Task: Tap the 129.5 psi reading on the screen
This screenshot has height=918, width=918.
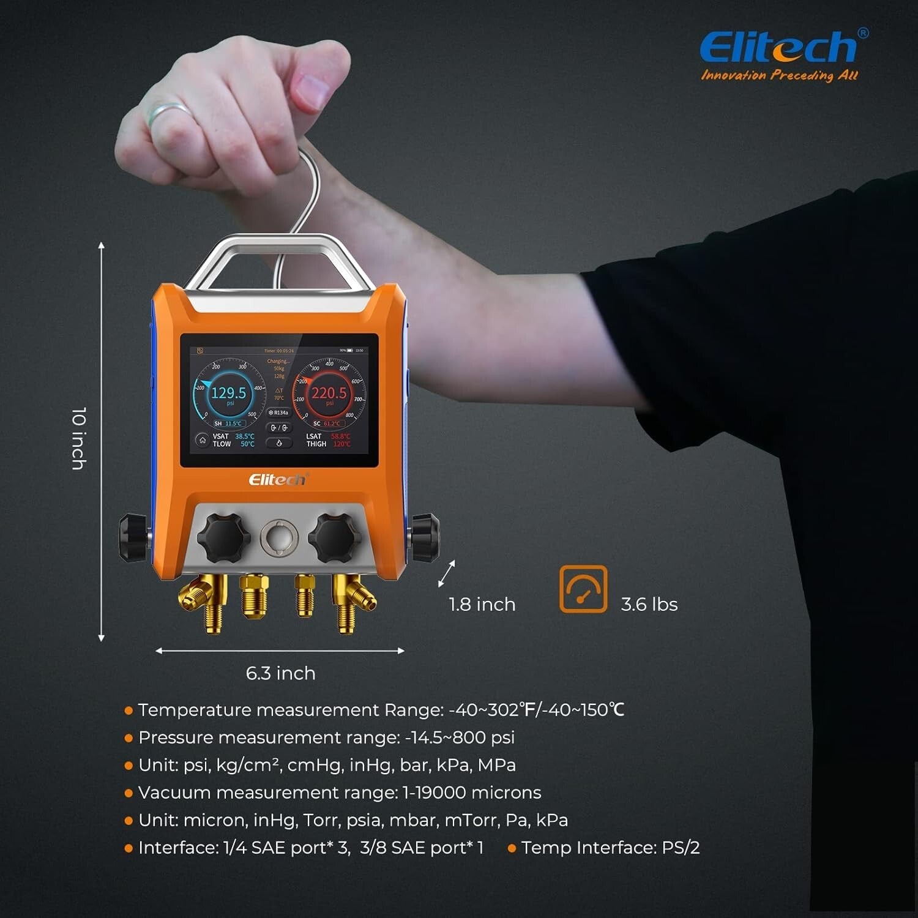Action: pyautogui.click(x=228, y=393)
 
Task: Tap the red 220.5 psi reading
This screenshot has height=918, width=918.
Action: pyautogui.click(x=329, y=393)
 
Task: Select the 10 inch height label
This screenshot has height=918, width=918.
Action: pyautogui.click(x=78, y=438)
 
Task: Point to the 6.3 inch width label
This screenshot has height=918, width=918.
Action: pyautogui.click(x=280, y=673)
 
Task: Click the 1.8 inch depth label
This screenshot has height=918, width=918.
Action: pyautogui.click(x=482, y=605)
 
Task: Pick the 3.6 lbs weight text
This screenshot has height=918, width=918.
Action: pyautogui.click(x=649, y=605)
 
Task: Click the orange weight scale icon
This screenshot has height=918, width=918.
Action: pyautogui.click(x=583, y=589)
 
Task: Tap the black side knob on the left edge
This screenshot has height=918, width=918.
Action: pyautogui.click(x=132, y=537)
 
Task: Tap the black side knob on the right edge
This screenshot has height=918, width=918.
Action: pyautogui.click(x=425, y=537)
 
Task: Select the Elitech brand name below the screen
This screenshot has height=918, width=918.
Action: pyautogui.click(x=277, y=479)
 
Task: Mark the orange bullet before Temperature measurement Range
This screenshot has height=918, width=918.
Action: pyautogui.click(x=129, y=711)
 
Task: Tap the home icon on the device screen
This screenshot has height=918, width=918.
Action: pyautogui.click(x=202, y=440)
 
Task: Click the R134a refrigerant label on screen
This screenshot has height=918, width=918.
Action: pyautogui.click(x=278, y=412)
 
